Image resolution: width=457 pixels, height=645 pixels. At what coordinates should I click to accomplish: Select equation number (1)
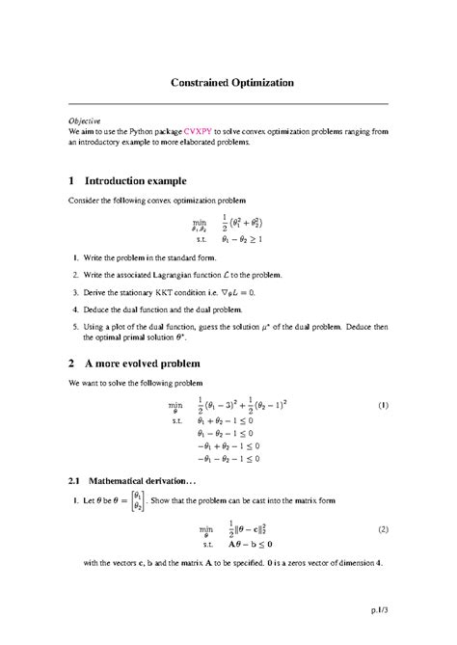(x=382, y=406)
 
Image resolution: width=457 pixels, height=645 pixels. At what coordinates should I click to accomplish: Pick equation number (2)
(x=382, y=529)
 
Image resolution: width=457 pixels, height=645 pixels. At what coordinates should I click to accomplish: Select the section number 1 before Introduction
(x=72, y=180)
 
